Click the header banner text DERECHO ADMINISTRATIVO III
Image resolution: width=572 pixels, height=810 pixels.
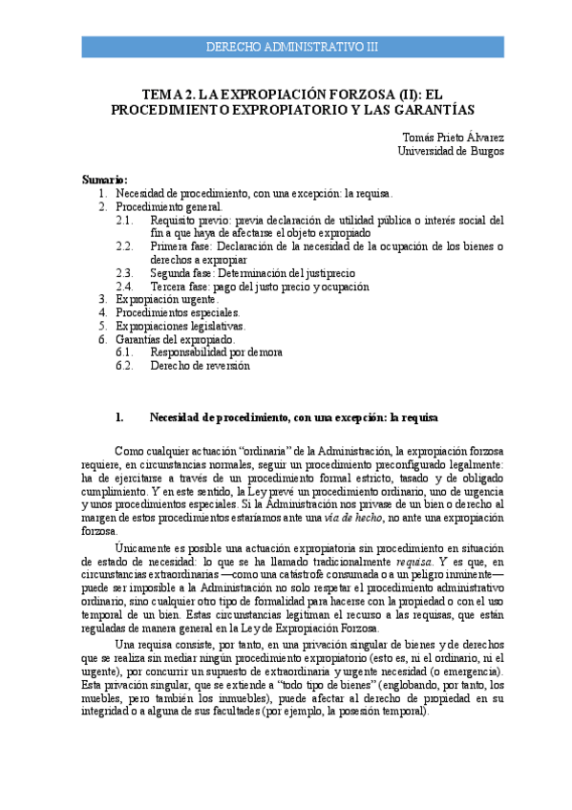point(292,47)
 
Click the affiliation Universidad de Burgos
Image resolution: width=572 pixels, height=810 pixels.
point(451,151)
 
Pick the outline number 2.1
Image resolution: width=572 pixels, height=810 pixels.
point(124,220)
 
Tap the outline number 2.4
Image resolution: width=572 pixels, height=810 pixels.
point(124,287)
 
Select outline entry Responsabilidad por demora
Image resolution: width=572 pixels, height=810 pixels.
point(216,352)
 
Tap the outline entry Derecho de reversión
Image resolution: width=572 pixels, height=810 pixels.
point(200,366)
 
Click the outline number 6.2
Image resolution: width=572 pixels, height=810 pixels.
point(124,366)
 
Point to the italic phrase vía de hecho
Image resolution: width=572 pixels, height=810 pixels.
point(350,517)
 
